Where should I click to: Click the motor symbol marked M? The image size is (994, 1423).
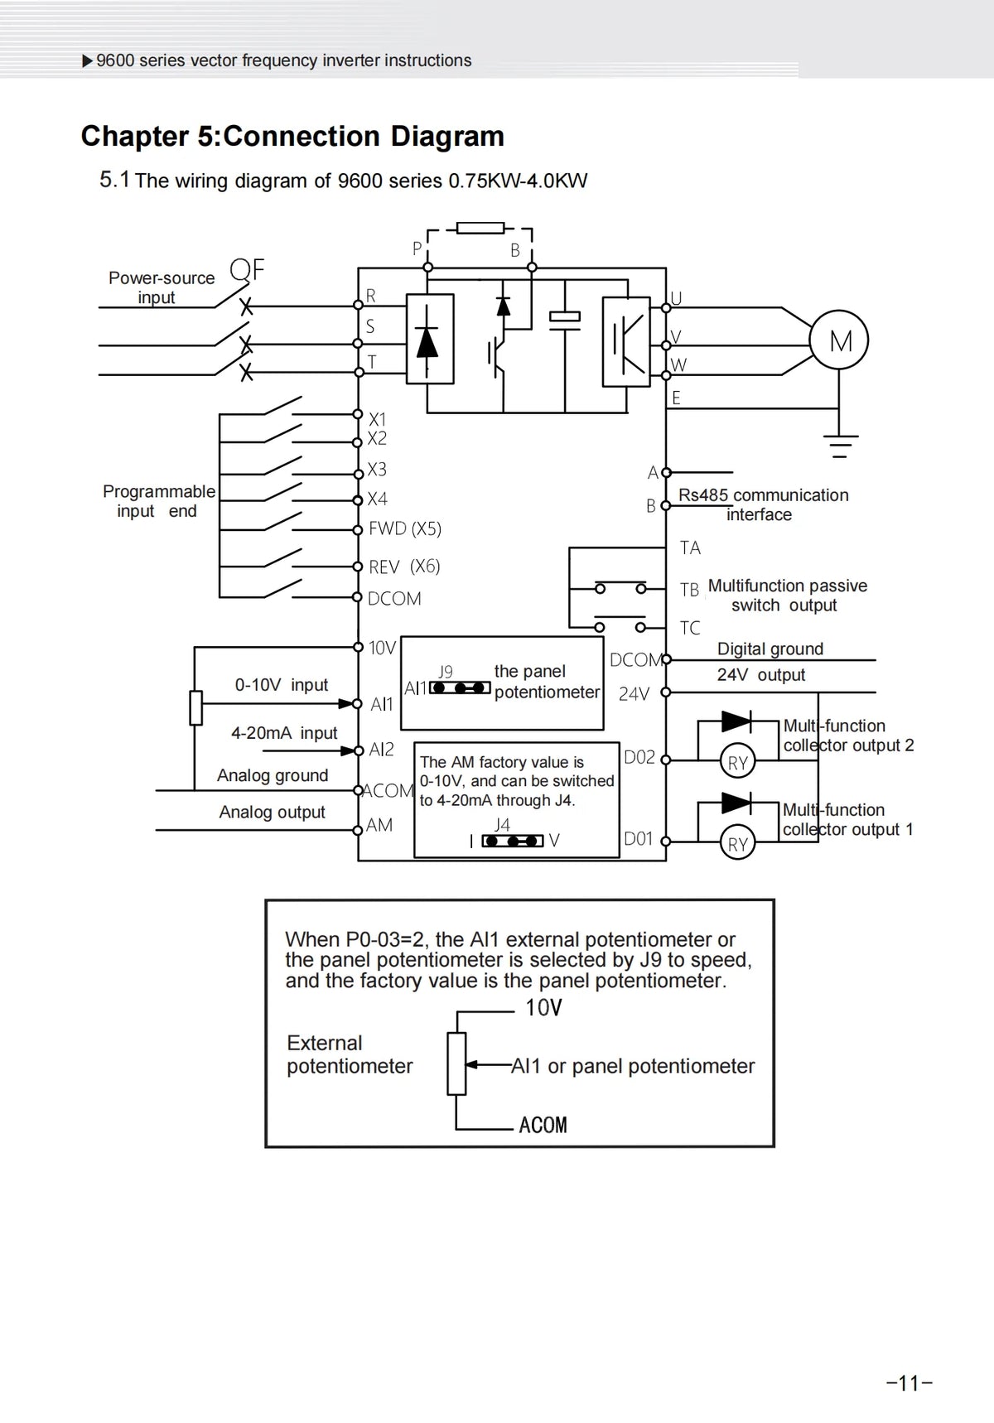click(x=840, y=340)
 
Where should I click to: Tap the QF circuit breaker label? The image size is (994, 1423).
click(x=247, y=269)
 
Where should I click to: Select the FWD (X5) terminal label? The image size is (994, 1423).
click(x=405, y=528)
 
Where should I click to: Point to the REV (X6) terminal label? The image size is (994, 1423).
click(x=404, y=567)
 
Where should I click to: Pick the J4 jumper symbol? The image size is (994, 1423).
click(x=514, y=841)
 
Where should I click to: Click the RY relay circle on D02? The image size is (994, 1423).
click(x=737, y=762)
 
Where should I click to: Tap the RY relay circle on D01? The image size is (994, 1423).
click(x=737, y=843)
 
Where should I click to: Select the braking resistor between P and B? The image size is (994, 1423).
click(x=480, y=228)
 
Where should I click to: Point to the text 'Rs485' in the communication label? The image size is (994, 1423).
click(x=703, y=495)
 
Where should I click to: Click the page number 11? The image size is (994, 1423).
click(x=910, y=1382)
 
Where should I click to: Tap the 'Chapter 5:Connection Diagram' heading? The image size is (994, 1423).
click(x=292, y=136)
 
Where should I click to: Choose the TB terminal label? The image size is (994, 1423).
click(x=689, y=590)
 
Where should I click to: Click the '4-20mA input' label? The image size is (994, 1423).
click(x=284, y=733)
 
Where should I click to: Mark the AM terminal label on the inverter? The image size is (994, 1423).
click(x=379, y=825)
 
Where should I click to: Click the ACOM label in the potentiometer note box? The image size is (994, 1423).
click(x=543, y=1125)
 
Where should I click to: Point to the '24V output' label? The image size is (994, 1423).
click(x=760, y=675)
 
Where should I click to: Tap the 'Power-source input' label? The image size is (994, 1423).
click(x=162, y=287)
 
